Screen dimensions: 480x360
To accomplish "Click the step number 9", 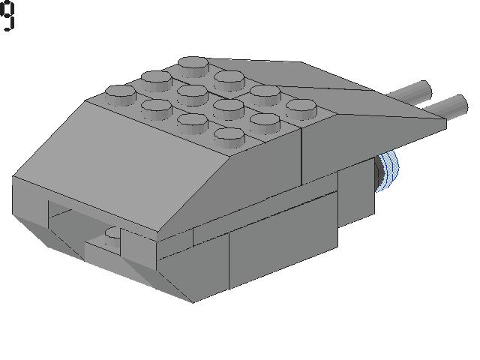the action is tap(7, 15).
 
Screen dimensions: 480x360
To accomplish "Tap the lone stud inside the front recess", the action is tap(112, 233).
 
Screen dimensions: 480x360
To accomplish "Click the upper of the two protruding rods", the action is tap(410, 91).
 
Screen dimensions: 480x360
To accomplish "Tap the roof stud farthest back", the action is tap(193, 66).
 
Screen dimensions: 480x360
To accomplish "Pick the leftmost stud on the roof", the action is tap(121, 95).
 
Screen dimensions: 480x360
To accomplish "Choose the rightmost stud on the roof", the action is tap(301, 109).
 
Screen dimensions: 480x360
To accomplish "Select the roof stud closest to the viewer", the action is tap(229, 138).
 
